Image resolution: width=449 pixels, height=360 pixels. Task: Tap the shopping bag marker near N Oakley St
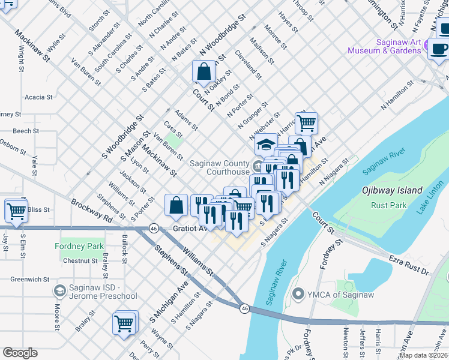[204, 72]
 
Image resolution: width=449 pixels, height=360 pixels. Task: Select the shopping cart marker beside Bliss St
[16, 211]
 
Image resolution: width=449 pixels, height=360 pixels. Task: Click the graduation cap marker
[266, 145]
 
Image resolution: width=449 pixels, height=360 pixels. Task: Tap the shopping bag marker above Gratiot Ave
[176, 205]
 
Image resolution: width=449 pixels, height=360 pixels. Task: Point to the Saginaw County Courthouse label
[220, 167]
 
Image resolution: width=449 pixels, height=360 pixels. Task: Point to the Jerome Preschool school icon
[60, 291]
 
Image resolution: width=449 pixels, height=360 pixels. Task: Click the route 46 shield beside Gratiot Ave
[154, 229]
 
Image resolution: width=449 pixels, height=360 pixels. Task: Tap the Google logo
[20, 353]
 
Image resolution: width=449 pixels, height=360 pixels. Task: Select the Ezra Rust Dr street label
[409, 264]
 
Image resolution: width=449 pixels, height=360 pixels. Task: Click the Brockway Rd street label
[91, 211]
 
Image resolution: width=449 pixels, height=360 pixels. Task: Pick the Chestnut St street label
[80, 261]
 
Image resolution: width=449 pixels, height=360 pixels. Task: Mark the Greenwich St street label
[29, 279]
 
